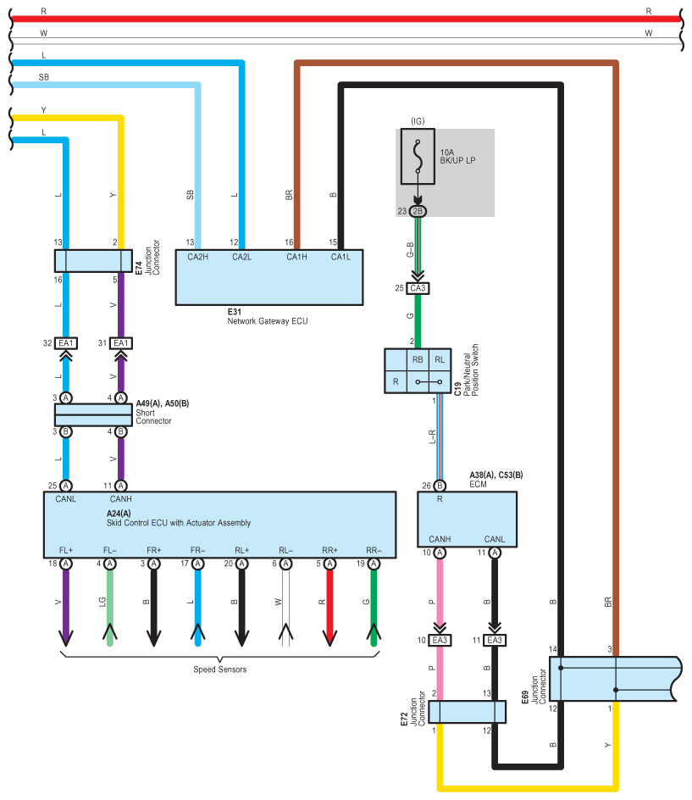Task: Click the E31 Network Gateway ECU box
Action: (x=269, y=281)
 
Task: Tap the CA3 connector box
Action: (x=417, y=289)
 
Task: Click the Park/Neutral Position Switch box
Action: (x=417, y=370)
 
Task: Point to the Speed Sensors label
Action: (x=220, y=669)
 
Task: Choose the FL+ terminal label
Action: (x=65, y=550)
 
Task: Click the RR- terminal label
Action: (x=374, y=550)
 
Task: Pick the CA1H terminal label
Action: (x=297, y=258)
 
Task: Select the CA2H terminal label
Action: (x=198, y=258)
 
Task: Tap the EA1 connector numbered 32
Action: (x=65, y=343)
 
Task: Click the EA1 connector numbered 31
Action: (x=121, y=343)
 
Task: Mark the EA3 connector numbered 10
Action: (x=439, y=640)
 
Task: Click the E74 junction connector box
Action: (x=93, y=260)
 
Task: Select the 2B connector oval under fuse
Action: (x=417, y=210)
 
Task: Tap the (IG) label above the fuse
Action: (x=417, y=121)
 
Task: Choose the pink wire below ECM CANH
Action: (x=439, y=593)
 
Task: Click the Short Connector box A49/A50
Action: (x=93, y=414)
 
